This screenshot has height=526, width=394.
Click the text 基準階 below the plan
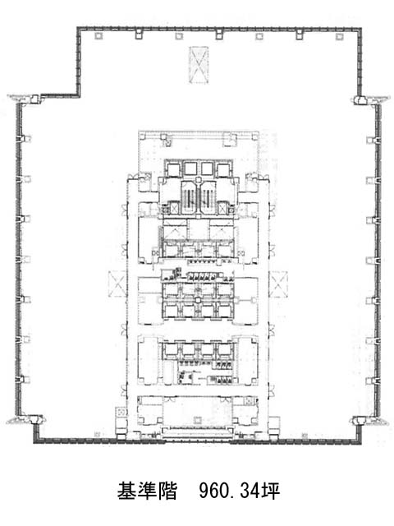[x=147, y=491]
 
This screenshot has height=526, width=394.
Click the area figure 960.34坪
[x=240, y=491]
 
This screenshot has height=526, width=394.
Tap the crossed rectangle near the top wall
[x=199, y=65]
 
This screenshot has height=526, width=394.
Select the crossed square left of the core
[x=117, y=284]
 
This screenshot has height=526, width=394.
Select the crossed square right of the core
[x=279, y=284]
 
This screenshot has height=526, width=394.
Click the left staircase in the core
[x=190, y=197]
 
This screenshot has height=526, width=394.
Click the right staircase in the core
[x=208, y=197]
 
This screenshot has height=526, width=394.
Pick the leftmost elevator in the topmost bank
[x=173, y=168]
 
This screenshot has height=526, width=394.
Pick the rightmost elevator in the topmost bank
[x=223, y=168]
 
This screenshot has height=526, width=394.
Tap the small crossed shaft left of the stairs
[x=174, y=209]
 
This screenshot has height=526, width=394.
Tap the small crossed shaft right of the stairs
[x=222, y=209]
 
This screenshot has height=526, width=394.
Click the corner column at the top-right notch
[x=360, y=99]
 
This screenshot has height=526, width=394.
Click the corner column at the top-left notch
[x=34, y=99]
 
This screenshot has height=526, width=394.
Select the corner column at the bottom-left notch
[x=34, y=420]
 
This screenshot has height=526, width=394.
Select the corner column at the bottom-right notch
[x=360, y=420]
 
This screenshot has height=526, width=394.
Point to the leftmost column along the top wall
[x=98, y=36]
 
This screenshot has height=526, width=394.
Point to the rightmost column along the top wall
[x=339, y=36]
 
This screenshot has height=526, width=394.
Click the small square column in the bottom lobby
[x=197, y=420]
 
